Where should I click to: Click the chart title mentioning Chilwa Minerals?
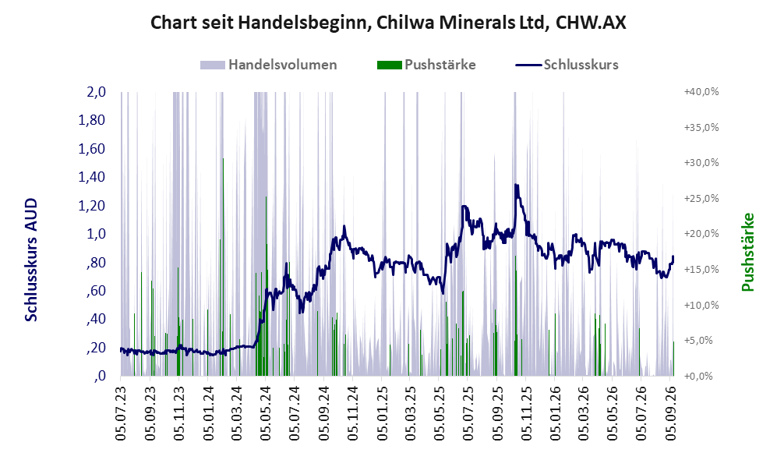coord(388,23)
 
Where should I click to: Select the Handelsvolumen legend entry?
coord(269,65)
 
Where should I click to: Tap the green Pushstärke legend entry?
coord(426,65)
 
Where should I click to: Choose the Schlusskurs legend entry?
coord(567,65)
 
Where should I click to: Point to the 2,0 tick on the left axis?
coord(96,92)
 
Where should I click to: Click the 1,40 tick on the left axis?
coord(92,177)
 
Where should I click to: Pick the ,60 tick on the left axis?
coord(96,291)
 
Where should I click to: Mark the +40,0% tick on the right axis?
coord(701,92)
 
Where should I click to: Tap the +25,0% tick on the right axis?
coord(701,198)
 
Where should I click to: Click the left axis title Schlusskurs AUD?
coord(31,260)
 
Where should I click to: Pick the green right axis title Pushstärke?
coord(747,253)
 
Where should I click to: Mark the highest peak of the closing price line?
coord(516,185)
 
